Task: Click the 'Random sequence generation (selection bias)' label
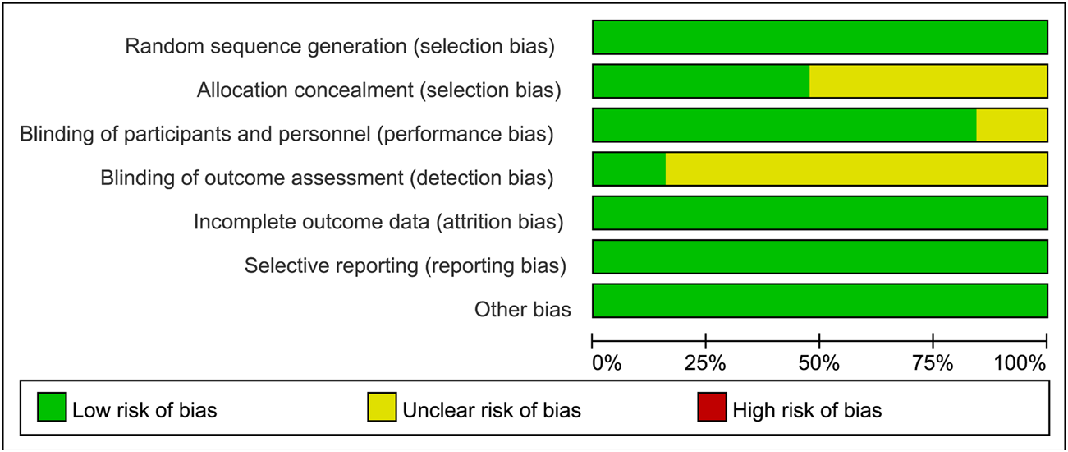pyautogui.click(x=340, y=46)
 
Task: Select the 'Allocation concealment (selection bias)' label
pyautogui.click(x=378, y=90)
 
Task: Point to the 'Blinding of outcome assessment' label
pyautogui.click(x=327, y=177)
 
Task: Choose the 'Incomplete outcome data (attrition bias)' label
pyautogui.click(x=378, y=221)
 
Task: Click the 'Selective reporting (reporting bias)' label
pyautogui.click(x=405, y=265)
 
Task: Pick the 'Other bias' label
pyautogui.click(x=522, y=309)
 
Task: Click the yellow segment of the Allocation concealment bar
pyautogui.click(x=928, y=81)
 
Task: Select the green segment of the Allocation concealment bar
pyautogui.click(x=700, y=81)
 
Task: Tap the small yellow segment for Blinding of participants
pyautogui.click(x=1011, y=125)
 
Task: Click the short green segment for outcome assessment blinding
pyautogui.click(x=629, y=168)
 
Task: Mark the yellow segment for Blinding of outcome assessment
pyautogui.click(x=856, y=168)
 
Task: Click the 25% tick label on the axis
pyautogui.click(x=706, y=362)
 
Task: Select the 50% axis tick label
pyautogui.click(x=819, y=362)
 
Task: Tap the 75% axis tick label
pyautogui.click(x=933, y=362)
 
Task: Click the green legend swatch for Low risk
pyautogui.click(x=53, y=408)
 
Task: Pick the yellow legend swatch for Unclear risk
pyautogui.click(x=383, y=408)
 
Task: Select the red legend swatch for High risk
pyautogui.click(x=712, y=408)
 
